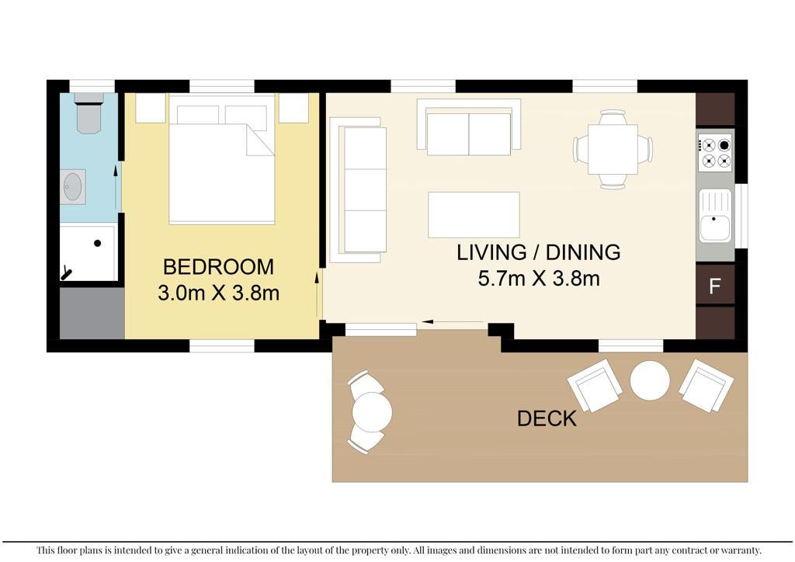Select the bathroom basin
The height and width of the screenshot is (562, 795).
pyautogui.click(x=73, y=187)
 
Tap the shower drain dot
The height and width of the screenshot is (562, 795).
pyautogui.click(x=97, y=243)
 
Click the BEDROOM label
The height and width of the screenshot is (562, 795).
pyautogui.click(x=218, y=267)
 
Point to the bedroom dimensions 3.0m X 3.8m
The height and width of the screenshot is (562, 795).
pyautogui.click(x=218, y=293)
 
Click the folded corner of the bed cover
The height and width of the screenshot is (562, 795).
pyautogui.click(x=260, y=140)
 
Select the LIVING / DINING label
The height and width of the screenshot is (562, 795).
pyautogui.click(x=539, y=252)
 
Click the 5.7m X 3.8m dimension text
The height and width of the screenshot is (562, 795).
pyautogui.click(x=539, y=278)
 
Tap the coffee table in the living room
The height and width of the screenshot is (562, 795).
pyautogui.click(x=474, y=215)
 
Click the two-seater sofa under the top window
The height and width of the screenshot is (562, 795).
pyautogui.click(x=469, y=127)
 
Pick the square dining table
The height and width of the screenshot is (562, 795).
pyautogui.click(x=613, y=150)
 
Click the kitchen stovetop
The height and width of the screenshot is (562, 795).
pyautogui.click(x=715, y=151)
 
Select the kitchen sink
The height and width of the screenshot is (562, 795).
pyautogui.click(x=715, y=216)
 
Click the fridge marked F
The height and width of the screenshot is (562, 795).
pyautogui.click(x=715, y=286)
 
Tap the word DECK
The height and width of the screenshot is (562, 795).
pyautogui.click(x=547, y=419)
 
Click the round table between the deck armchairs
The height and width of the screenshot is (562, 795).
pyautogui.click(x=650, y=380)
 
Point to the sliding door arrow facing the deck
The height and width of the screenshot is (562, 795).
pyautogui.click(x=453, y=322)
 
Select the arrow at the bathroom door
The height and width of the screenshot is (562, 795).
pyautogui.click(x=116, y=186)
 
